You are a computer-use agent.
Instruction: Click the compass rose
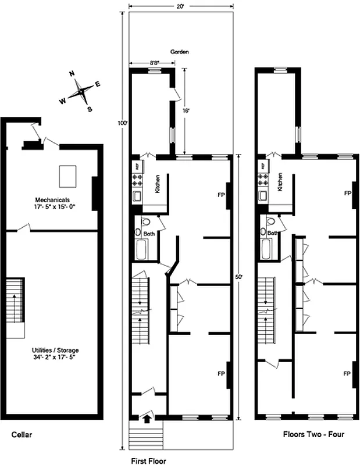pyautogui.click(x=80, y=91)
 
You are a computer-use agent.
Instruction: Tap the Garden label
pyautogui.click(x=180, y=52)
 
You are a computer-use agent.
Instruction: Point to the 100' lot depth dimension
pyautogui.click(x=122, y=123)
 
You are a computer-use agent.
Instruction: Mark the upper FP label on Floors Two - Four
pyautogui.click(x=347, y=193)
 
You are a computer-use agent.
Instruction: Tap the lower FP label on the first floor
pyautogui.click(x=221, y=373)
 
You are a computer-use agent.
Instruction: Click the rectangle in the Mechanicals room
pyautogui.click(x=68, y=176)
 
